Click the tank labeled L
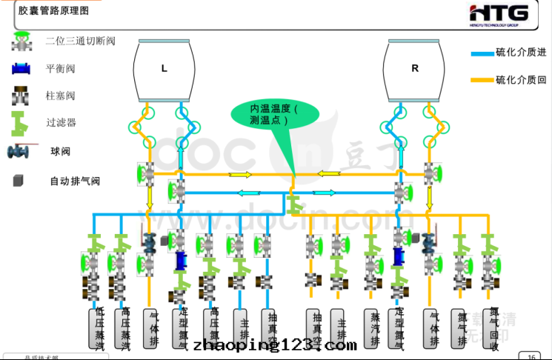(164, 69)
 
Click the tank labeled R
(414, 69)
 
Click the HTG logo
(500, 14)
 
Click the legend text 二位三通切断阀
(80, 41)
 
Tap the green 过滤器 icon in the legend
(19, 121)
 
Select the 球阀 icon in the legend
(18, 152)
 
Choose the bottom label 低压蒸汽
(99, 328)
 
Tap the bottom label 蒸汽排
(373, 328)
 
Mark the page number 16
(531, 356)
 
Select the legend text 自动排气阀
(75, 181)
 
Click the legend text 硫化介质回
(521, 79)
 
